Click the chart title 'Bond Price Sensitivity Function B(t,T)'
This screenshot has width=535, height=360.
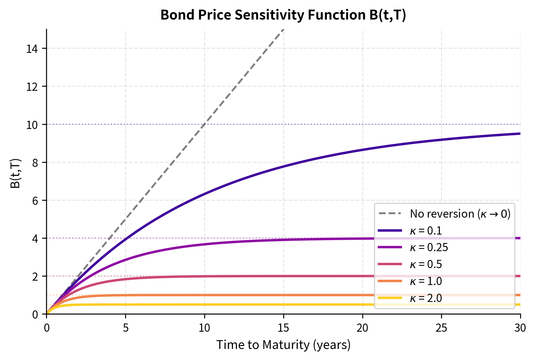click(x=283, y=15)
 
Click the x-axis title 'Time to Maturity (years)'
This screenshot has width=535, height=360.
click(x=283, y=345)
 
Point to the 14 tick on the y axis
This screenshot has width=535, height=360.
click(x=32, y=48)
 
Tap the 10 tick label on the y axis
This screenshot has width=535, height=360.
click(x=32, y=125)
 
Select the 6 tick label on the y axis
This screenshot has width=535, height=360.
click(x=35, y=200)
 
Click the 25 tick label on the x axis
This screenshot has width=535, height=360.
click(x=441, y=328)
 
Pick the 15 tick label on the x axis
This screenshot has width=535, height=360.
click(x=283, y=328)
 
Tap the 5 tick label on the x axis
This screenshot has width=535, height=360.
click(x=125, y=328)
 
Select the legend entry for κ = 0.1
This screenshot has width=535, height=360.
click(x=426, y=231)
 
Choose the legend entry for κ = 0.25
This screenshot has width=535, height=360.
click(x=429, y=247)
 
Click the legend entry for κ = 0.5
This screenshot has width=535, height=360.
click(x=426, y=264)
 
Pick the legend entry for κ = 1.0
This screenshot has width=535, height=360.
click(x=426, y=281)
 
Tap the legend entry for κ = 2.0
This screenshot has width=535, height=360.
click(x=426, y=298)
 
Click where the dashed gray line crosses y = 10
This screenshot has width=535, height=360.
click(x=204, y=124)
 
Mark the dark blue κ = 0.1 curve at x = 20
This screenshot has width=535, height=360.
click(x=362, y=150)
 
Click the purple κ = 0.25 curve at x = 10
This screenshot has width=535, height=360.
click(x=204, y=244)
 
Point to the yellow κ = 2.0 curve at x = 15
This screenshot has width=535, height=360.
click(x=283, y=305)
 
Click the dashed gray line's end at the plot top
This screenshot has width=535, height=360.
click(x=283, y=29)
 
